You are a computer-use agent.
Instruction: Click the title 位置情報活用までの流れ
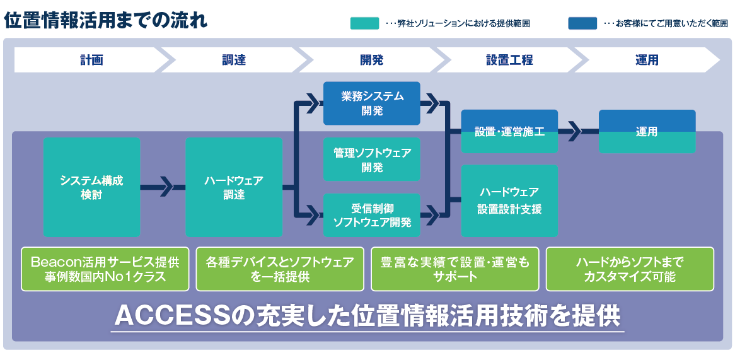(106, 20)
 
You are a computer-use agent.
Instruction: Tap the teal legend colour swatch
(364, 23)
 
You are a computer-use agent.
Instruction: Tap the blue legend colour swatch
(582, 23)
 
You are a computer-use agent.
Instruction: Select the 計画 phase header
(91, 60)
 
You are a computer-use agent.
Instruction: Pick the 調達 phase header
(233, 60)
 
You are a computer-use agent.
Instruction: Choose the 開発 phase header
(371, 60)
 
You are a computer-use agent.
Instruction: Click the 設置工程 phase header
(509, 60)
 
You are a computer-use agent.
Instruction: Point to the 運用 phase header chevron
(647, 60)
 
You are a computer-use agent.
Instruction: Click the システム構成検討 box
(92, 187)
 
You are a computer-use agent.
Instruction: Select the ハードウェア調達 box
(233, 187)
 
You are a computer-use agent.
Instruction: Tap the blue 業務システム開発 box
(372, 103)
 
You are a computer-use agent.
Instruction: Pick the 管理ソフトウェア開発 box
(372, 160)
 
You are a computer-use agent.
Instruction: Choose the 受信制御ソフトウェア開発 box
(372, 215)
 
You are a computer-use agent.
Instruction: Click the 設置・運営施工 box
(509, 132)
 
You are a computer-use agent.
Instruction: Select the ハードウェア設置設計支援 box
(509, 200)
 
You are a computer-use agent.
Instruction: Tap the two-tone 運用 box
(647, 132)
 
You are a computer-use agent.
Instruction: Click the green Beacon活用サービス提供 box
(105, 269)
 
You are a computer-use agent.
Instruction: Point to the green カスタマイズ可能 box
(629, 269)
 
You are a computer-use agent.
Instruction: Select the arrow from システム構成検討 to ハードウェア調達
(163, 187)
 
